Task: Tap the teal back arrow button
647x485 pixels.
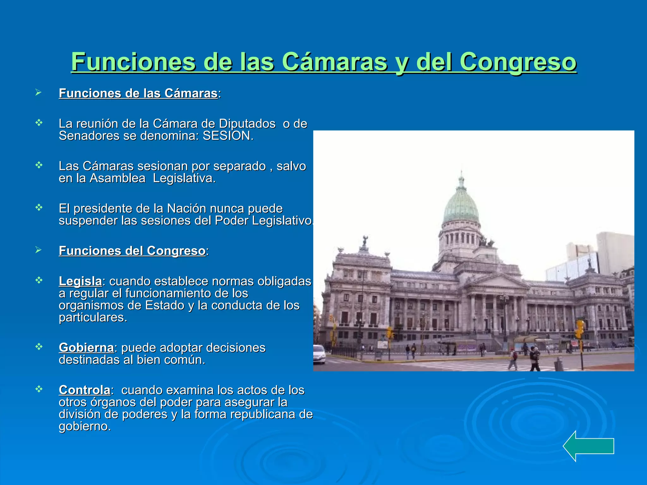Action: [588, 446]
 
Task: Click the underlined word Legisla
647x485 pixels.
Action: [80, 281]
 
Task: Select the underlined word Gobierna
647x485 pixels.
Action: [86, 348]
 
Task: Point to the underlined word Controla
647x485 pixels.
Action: [84, 390]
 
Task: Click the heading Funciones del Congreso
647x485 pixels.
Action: [132, 251]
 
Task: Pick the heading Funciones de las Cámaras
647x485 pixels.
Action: [138, 93]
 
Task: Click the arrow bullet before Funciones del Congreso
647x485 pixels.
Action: [38, 250]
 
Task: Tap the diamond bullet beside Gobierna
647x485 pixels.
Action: [39, 347]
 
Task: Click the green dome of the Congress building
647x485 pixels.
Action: [461, 205]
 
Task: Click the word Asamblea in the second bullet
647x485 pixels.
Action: [117, 178]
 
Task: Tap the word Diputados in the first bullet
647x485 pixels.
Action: [247, 124]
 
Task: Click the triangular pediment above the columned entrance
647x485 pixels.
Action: [497, 280]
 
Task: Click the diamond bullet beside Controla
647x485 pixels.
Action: [39, 389]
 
